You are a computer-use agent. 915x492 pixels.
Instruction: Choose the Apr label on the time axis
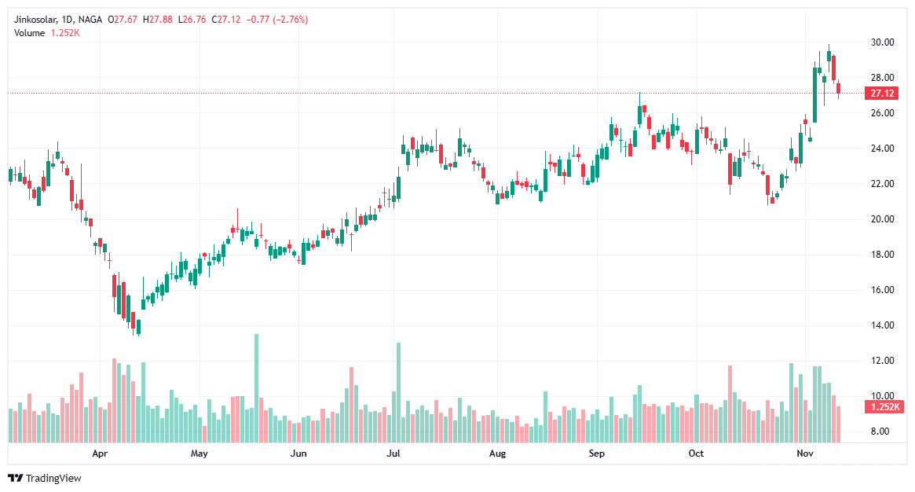pos(99,453)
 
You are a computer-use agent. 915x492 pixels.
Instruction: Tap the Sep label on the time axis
pos(598,453)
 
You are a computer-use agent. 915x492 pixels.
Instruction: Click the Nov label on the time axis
pos(804,453)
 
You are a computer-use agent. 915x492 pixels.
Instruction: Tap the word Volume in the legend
pos(30,32)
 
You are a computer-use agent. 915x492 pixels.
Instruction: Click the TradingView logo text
pos(53,478)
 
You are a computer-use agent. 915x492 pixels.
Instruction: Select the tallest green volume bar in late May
pos(256,388)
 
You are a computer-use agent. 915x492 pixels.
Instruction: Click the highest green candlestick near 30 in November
pos(829,56)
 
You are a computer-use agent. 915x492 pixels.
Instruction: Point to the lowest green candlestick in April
pos(138,326)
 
